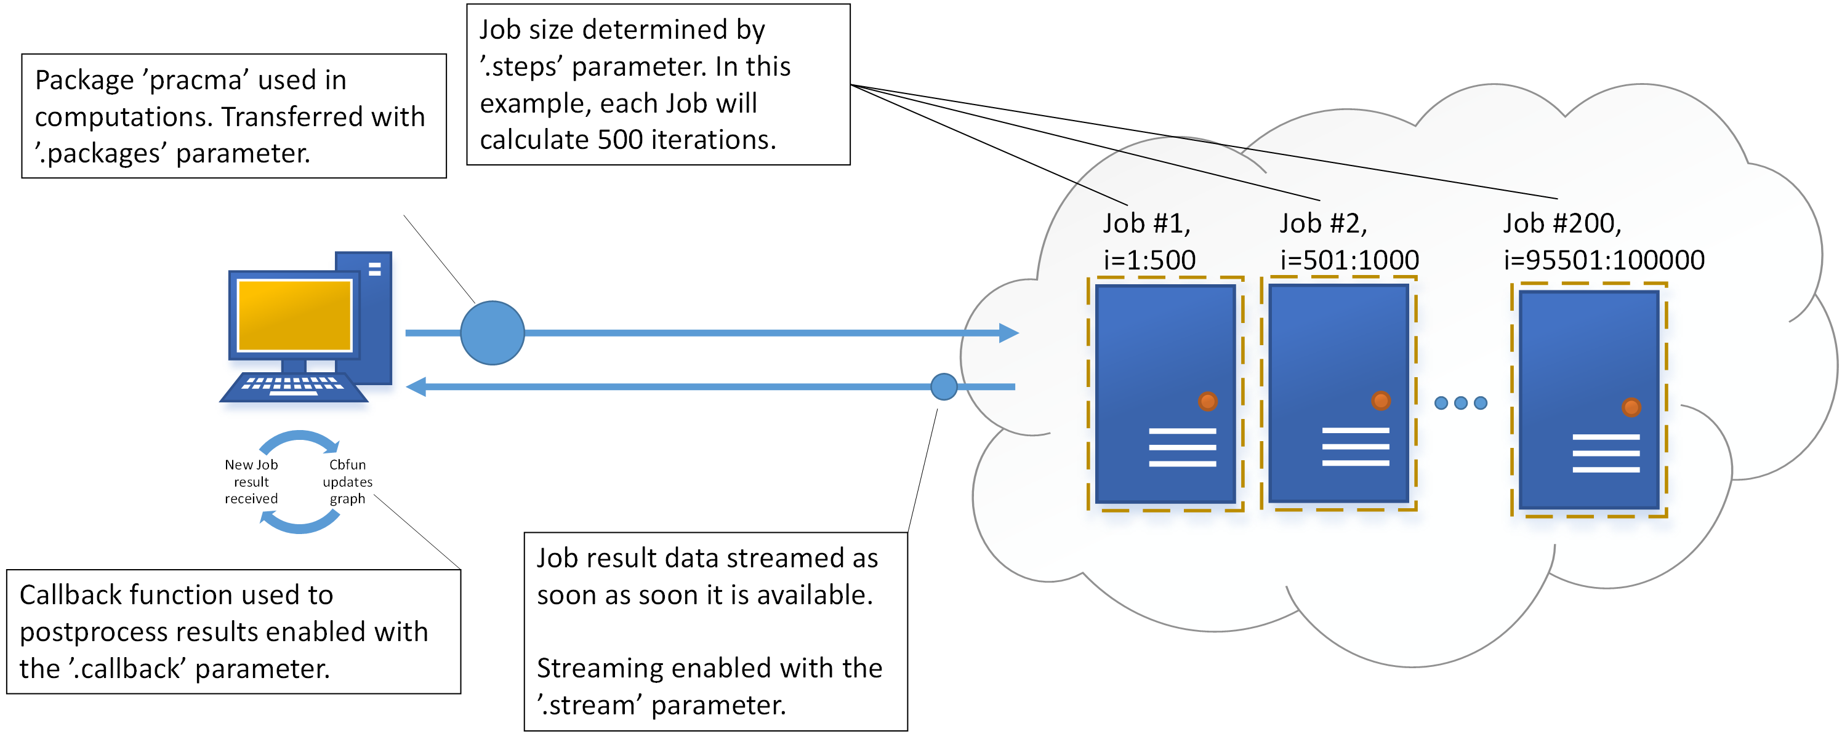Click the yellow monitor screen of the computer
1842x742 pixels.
pyautogui.click(x=295, y=315)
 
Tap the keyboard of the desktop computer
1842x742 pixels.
pyautogui.click(x=293, y=386)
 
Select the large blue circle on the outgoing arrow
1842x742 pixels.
pyautogui.click(x=492, y=332)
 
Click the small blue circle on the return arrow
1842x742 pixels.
pyautogui.click(x=944, y=387)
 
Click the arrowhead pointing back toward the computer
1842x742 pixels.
pyautogui.click(x=416, y=387)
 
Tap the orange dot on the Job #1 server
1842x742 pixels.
pyautogui.click(x=1208, y=402)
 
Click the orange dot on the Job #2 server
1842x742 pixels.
pyautogui.click(x=1381, y=401)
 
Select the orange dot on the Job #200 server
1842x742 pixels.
pyautogui.click(x=1631, y=407)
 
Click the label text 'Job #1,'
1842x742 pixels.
pyautogui.click(x=1146, y=224)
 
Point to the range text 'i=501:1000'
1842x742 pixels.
pyautogui.click(x=1349, y=260)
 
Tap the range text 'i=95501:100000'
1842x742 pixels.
pyautogui.click(x=1604, y=260)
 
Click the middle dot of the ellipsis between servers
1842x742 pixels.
pyautogui.click(x=1461, y=403)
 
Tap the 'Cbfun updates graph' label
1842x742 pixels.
pyautogui.click(x=347, y=482)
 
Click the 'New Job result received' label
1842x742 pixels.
pyautogui.click(x=251, y=482)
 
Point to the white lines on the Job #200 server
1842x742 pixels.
pyautogui.click(x=1606, y=453)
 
